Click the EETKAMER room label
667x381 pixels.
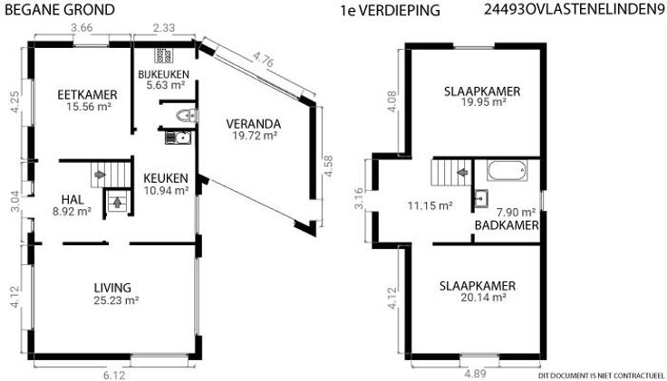coord(87,94)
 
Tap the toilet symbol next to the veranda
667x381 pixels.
coord(187,116)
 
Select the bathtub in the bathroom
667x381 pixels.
coord(507,170)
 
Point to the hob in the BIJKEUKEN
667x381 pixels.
coord(163,55)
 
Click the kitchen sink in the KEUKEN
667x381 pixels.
coord(178,138)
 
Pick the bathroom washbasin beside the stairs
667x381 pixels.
coord(481,198)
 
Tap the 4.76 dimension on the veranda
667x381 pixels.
coord(263,60)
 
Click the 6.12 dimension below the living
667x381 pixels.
coord(114,376)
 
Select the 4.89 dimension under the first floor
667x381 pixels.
coord(475,374)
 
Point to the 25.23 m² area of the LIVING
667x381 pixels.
coord(116,300)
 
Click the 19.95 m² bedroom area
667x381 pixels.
coord(484,102)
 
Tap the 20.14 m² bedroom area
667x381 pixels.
coord(483,298)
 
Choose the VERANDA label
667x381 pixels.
coord(254,124)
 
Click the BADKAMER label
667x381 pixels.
coord(507,225)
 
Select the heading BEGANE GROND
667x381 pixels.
coord(60,10)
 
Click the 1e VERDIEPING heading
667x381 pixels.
coord(390,11)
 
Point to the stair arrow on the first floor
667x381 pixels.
coord(462,173)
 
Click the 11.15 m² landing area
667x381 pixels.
coord(430,206)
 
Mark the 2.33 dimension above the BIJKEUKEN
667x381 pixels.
coord(164,28)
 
